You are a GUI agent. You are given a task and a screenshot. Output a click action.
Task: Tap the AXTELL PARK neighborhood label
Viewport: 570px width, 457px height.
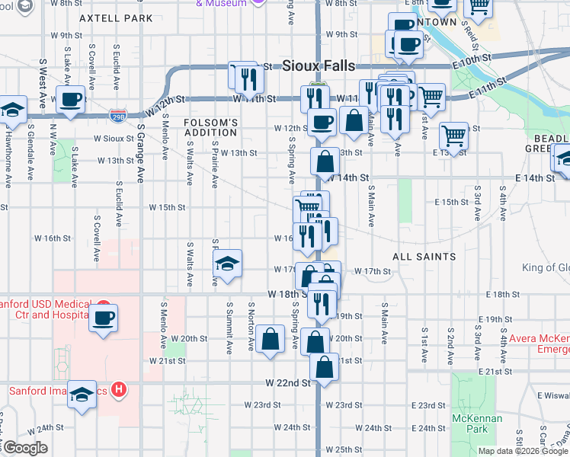[116, 18]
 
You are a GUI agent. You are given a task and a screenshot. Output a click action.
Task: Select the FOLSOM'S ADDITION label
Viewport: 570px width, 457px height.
[211, 127]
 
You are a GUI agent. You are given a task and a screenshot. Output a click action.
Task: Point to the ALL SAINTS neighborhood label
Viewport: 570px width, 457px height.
[424, 257]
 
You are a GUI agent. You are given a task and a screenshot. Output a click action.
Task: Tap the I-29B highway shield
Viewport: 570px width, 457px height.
[118, 116]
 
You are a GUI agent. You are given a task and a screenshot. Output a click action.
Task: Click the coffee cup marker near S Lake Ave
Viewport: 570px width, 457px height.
[71, 98]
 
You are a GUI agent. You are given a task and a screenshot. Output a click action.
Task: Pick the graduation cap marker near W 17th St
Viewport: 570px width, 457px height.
[227, 263]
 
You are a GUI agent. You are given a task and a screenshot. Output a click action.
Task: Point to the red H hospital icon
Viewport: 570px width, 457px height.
[118, 391]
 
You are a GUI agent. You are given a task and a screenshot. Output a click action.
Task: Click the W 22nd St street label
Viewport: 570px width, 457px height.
[289, 383]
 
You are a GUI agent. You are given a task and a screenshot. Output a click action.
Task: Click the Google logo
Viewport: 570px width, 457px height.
[24, 448]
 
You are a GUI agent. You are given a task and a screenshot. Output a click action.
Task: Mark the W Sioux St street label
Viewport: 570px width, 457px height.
[114, 139]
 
